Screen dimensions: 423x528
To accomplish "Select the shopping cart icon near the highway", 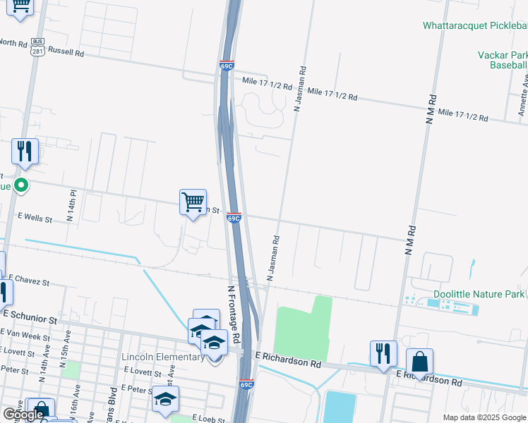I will click(193, 202).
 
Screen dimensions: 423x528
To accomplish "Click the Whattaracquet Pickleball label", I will click(474, 25).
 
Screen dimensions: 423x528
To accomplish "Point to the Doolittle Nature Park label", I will click(479, 293).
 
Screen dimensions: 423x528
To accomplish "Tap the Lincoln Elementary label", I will click(163, 357).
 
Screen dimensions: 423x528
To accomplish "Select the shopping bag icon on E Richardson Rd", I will click(419, 362).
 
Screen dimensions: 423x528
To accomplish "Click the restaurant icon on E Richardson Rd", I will click(383, 353).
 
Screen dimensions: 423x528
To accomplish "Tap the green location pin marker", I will click(21, 186).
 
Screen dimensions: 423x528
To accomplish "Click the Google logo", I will click(24, 415).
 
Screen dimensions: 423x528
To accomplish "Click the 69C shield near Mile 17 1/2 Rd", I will click(227, 64).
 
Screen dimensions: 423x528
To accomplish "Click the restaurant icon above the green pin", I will click(25, 151).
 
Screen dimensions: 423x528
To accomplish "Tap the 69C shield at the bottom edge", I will click(246, 384).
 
